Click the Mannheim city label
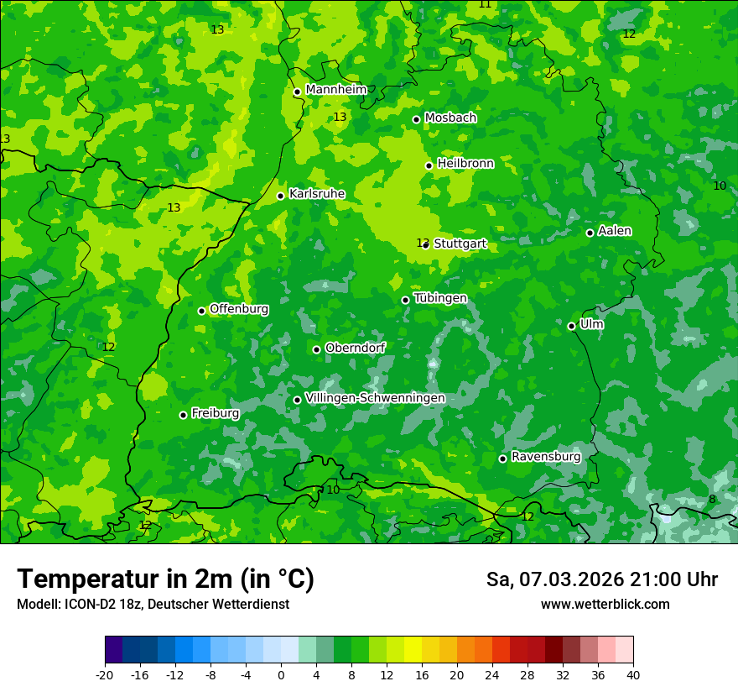tap(335, 90)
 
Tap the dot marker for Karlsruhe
tap(280, 196)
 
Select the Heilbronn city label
tap(465, 164)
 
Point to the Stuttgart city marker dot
tap(426, 244)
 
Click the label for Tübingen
tap(440, 298)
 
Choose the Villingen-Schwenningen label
tap(375, 398)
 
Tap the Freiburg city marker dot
tap(183, 415)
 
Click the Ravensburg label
tap(545, 457)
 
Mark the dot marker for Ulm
tap(571, 326)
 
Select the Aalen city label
tap(615, 231)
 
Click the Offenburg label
tap(239, 309)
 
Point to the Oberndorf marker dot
tap(316, 349)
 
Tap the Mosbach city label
tap(450, 118)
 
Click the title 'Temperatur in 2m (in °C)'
tap(165, 579)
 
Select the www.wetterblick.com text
tap(605, 605)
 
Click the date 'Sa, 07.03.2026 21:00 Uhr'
tap(601, 579)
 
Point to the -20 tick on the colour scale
tap(105, 674)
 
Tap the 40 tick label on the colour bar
tap(632, 674)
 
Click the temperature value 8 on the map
tap(712, 500)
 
